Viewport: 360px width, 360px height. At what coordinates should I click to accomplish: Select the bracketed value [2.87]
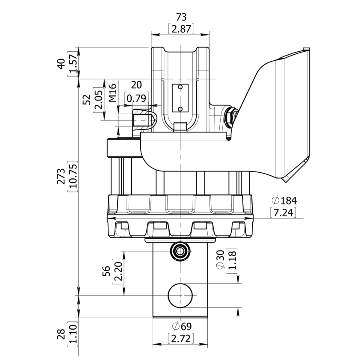[182, 29]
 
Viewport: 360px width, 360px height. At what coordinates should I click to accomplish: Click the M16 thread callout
[112, 93]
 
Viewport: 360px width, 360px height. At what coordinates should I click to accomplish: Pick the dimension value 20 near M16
[136, 85]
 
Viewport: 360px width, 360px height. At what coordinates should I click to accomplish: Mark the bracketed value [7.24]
[283, 212]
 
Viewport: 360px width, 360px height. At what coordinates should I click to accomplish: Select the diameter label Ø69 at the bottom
[181, 327]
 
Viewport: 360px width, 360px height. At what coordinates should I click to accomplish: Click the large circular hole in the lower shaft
[181, 295]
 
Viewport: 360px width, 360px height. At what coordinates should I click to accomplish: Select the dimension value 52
[87, 100]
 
